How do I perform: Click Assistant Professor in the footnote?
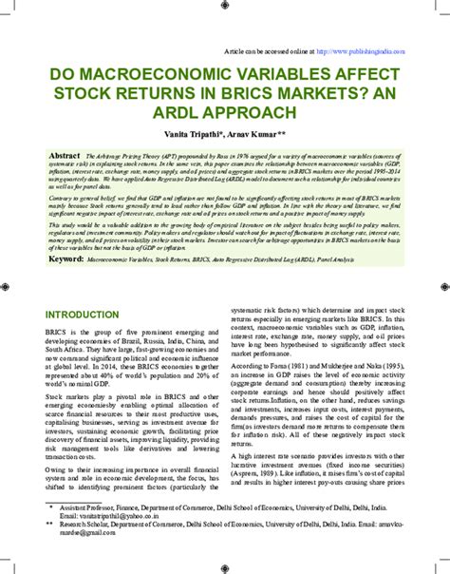coord(90,534)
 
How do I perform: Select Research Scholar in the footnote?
coord(86,550)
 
